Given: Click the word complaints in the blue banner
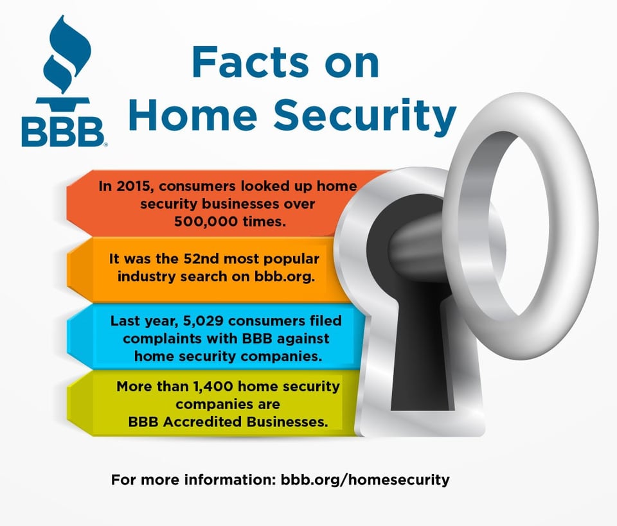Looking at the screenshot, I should tap(154, 337).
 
